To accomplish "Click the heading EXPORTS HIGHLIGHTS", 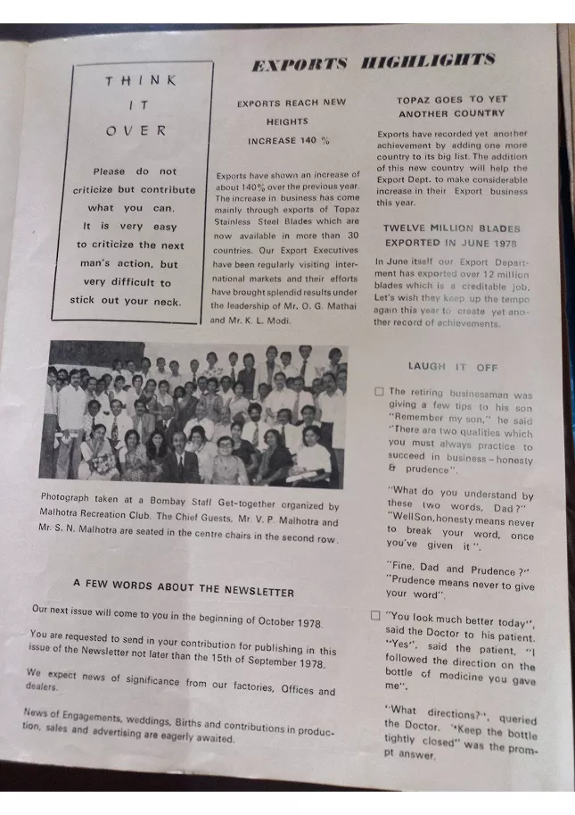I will pos(373,63).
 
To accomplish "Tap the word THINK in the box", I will pos(141,80).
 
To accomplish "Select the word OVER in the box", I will pos(136,130).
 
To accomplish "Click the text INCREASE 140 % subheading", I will pos(289,141).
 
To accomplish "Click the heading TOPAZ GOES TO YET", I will pos(452,100).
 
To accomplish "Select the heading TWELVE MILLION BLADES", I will pos(451,229).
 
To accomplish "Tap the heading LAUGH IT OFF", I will pos(453,367).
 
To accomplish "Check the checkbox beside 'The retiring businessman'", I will pos(379,391).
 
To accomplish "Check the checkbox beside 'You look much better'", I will pos(376,616).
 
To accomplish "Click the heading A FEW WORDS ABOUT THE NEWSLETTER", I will pos(184,586).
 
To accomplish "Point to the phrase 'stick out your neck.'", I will pos(126,302).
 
